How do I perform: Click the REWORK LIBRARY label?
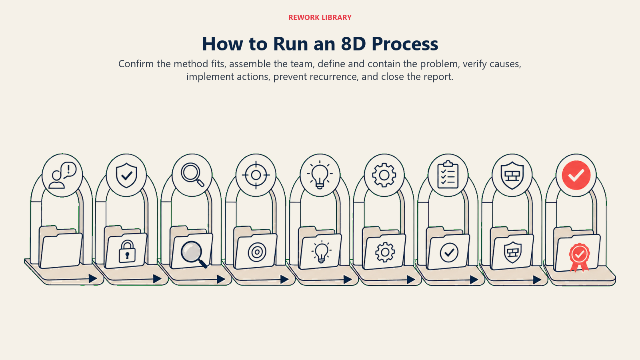pos(320,18)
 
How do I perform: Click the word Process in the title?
pos(405,44)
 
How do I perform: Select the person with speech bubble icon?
pos(62,176)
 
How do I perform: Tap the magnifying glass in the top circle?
pos(192,175)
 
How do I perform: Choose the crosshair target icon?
pos(256,175)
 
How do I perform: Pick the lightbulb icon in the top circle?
pos(320,175)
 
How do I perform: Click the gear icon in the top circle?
pos(384,175)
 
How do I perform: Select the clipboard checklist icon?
pos(448,174)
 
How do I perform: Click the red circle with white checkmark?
pos(576,175)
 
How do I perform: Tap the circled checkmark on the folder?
pos(449,252)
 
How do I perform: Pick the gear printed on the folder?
pos(385,252)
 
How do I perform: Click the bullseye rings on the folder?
pos(257,252)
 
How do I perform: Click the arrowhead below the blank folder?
pos(93,278)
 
